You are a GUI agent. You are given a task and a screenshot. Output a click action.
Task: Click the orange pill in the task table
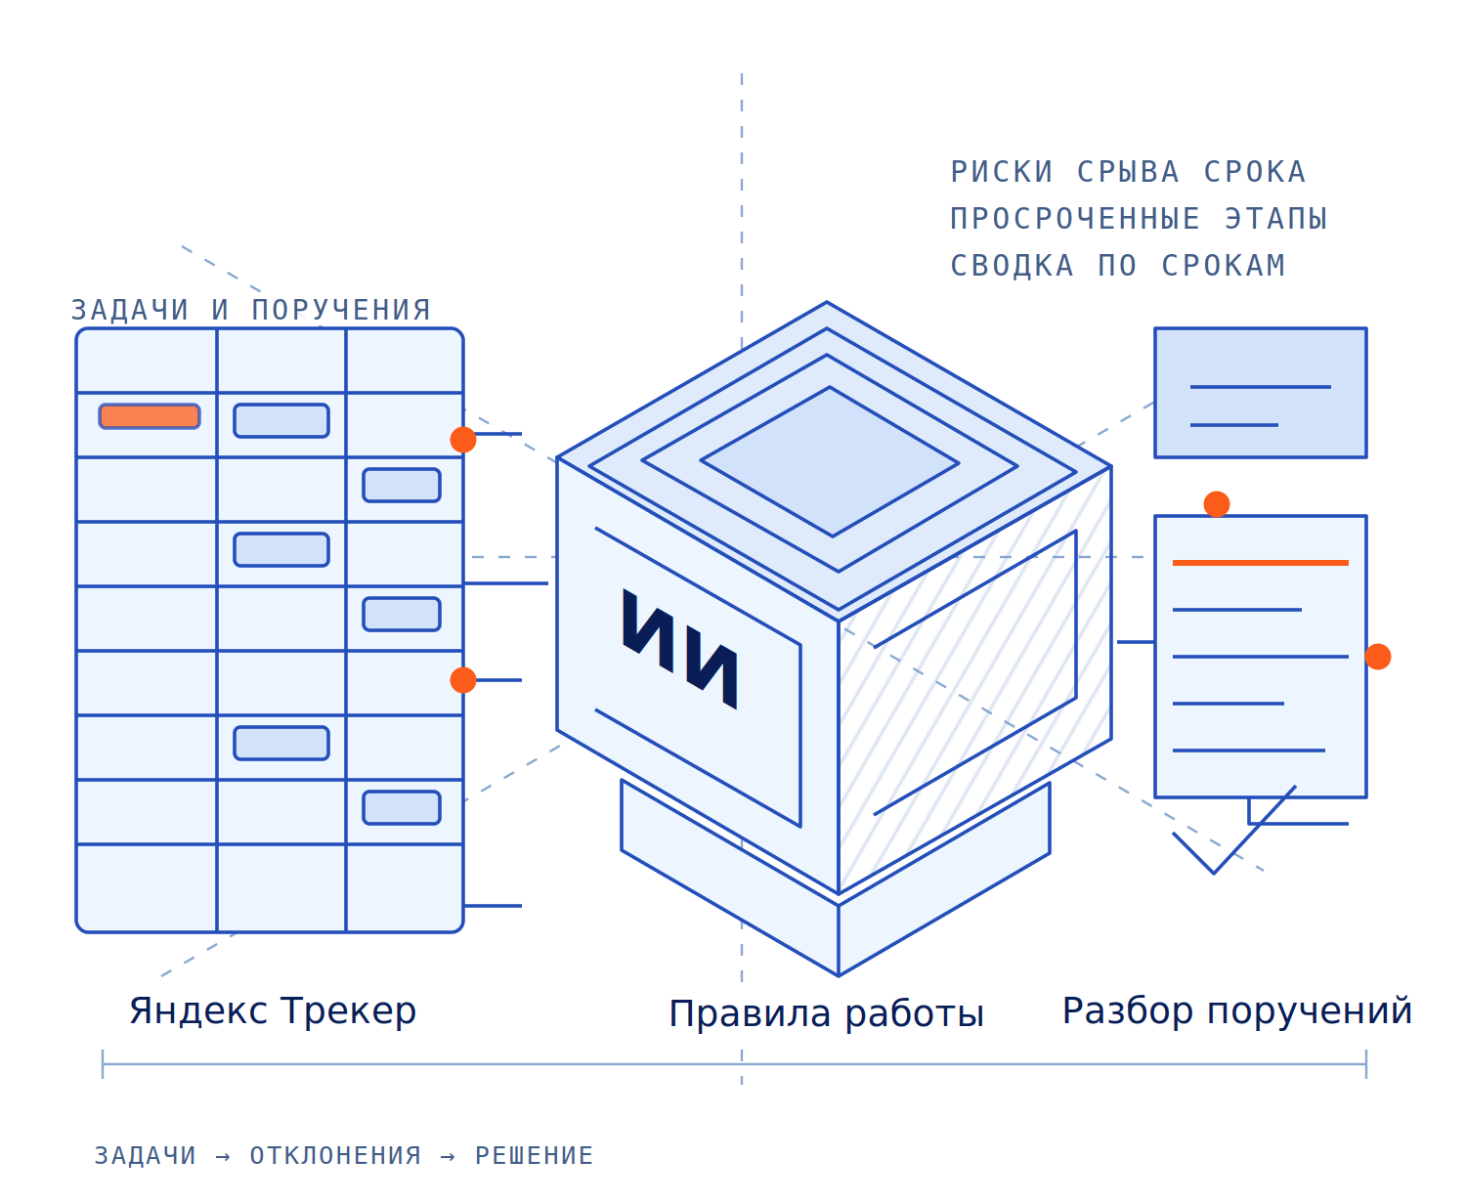[x=150, y=415]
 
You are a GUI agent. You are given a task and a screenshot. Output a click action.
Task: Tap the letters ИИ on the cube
[x=679, y=648]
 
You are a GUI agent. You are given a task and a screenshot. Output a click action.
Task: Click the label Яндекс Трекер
[x=273, y=1011]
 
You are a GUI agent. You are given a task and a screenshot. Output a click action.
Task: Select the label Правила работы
[x=826, y=1014]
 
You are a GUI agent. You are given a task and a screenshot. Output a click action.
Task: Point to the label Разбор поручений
[x=1236, y=1011]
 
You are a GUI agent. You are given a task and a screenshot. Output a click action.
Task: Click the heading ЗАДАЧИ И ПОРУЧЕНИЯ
[x=251, y=310]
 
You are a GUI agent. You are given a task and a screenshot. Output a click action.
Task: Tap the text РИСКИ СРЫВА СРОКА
[x=1128, y=172]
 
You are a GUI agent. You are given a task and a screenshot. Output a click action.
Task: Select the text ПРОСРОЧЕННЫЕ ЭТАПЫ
[x=1139, y=218]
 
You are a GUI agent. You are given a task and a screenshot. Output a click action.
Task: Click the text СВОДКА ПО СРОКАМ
[x=1118, y=265]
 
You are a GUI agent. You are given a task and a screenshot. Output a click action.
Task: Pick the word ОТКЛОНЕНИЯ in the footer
[x=335, y=1155]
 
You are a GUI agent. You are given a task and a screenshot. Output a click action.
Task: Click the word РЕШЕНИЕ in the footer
[x=534, y=1155]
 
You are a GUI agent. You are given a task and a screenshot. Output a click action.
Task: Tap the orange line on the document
[x=1260, y=563]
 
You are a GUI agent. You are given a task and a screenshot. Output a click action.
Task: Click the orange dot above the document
[x=1217, y=504]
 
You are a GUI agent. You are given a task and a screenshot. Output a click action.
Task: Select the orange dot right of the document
[x=1378, y=657]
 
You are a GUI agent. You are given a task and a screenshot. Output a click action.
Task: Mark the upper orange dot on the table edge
[x=463, y=440]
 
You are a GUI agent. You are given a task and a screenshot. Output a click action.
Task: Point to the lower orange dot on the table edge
[x=463, y=680]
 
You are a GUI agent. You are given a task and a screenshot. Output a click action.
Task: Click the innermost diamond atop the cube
[x=830, y=461]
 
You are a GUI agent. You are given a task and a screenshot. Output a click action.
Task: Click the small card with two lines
[x=1260, y=393]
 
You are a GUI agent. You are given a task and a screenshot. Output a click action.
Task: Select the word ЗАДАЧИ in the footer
[x=146, y=1155]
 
